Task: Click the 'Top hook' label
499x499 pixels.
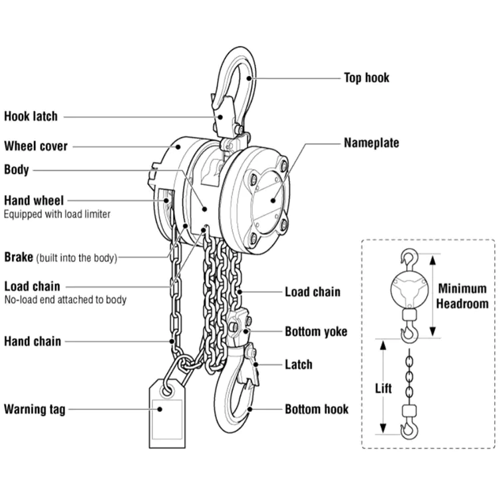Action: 366,78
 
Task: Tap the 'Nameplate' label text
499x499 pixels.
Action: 371,142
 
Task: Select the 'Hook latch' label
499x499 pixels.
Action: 31,116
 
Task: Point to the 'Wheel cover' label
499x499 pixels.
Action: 36,146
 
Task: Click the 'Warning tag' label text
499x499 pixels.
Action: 35,409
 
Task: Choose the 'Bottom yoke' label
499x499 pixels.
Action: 315,331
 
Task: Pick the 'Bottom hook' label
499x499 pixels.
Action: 316,409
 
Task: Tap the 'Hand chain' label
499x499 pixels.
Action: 33,341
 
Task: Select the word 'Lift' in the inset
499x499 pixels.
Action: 383,388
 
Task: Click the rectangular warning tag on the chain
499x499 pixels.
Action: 167,416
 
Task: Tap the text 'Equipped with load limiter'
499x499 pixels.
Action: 57,214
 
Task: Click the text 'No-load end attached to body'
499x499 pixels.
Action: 65,300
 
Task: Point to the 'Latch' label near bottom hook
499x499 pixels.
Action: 298,365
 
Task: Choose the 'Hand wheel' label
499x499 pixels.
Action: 34,200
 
